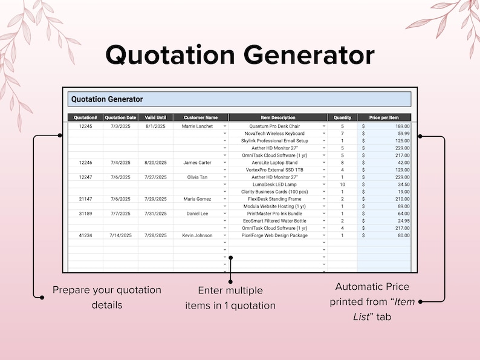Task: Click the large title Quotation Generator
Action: (x=240, y=54)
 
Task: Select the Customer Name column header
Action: (x=200, y=117)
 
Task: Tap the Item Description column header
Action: (x=278, y=117)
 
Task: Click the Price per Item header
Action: (x=384, y=117)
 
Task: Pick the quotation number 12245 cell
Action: (x=85, y=126)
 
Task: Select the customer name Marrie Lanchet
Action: (x=198, y=126)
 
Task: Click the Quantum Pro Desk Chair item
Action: (x=274, y=126)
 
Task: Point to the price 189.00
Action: (x=400, y=126)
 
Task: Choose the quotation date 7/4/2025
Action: (x=120, y=163)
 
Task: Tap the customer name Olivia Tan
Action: (x=198, y=177)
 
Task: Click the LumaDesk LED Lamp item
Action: (x=274, y=185)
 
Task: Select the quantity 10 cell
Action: (x=342, y=185)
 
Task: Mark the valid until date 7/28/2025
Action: (x=155, y=235)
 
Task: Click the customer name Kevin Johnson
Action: (x=198, y=235)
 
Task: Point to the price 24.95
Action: (x=400, y=221)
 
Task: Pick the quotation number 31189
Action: (x=85, y=214)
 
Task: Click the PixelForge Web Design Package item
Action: (x=274, y=235)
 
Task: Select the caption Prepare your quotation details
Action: (x=107, y=297)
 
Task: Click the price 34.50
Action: (x=400, y=185)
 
